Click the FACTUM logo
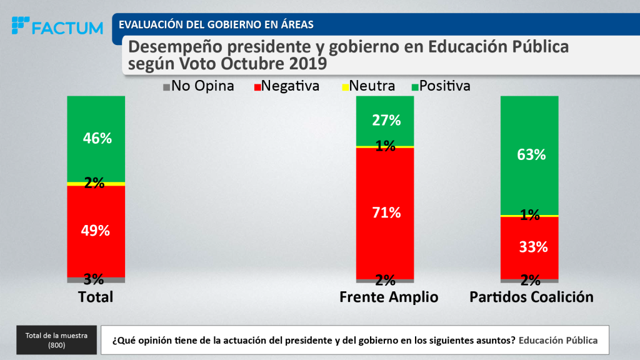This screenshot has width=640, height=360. pos(57,27)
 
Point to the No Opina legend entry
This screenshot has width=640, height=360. pos(198,86)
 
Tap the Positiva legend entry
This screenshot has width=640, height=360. pos(440,86)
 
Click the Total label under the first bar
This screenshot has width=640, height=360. pos(96,297)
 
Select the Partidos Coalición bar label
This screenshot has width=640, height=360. pos(531,297)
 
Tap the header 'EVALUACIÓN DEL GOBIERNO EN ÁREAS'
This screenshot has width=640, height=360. pos(216,25)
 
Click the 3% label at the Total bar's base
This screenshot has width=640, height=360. pos(93,279)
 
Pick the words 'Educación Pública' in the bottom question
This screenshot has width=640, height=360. pos(558,341)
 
